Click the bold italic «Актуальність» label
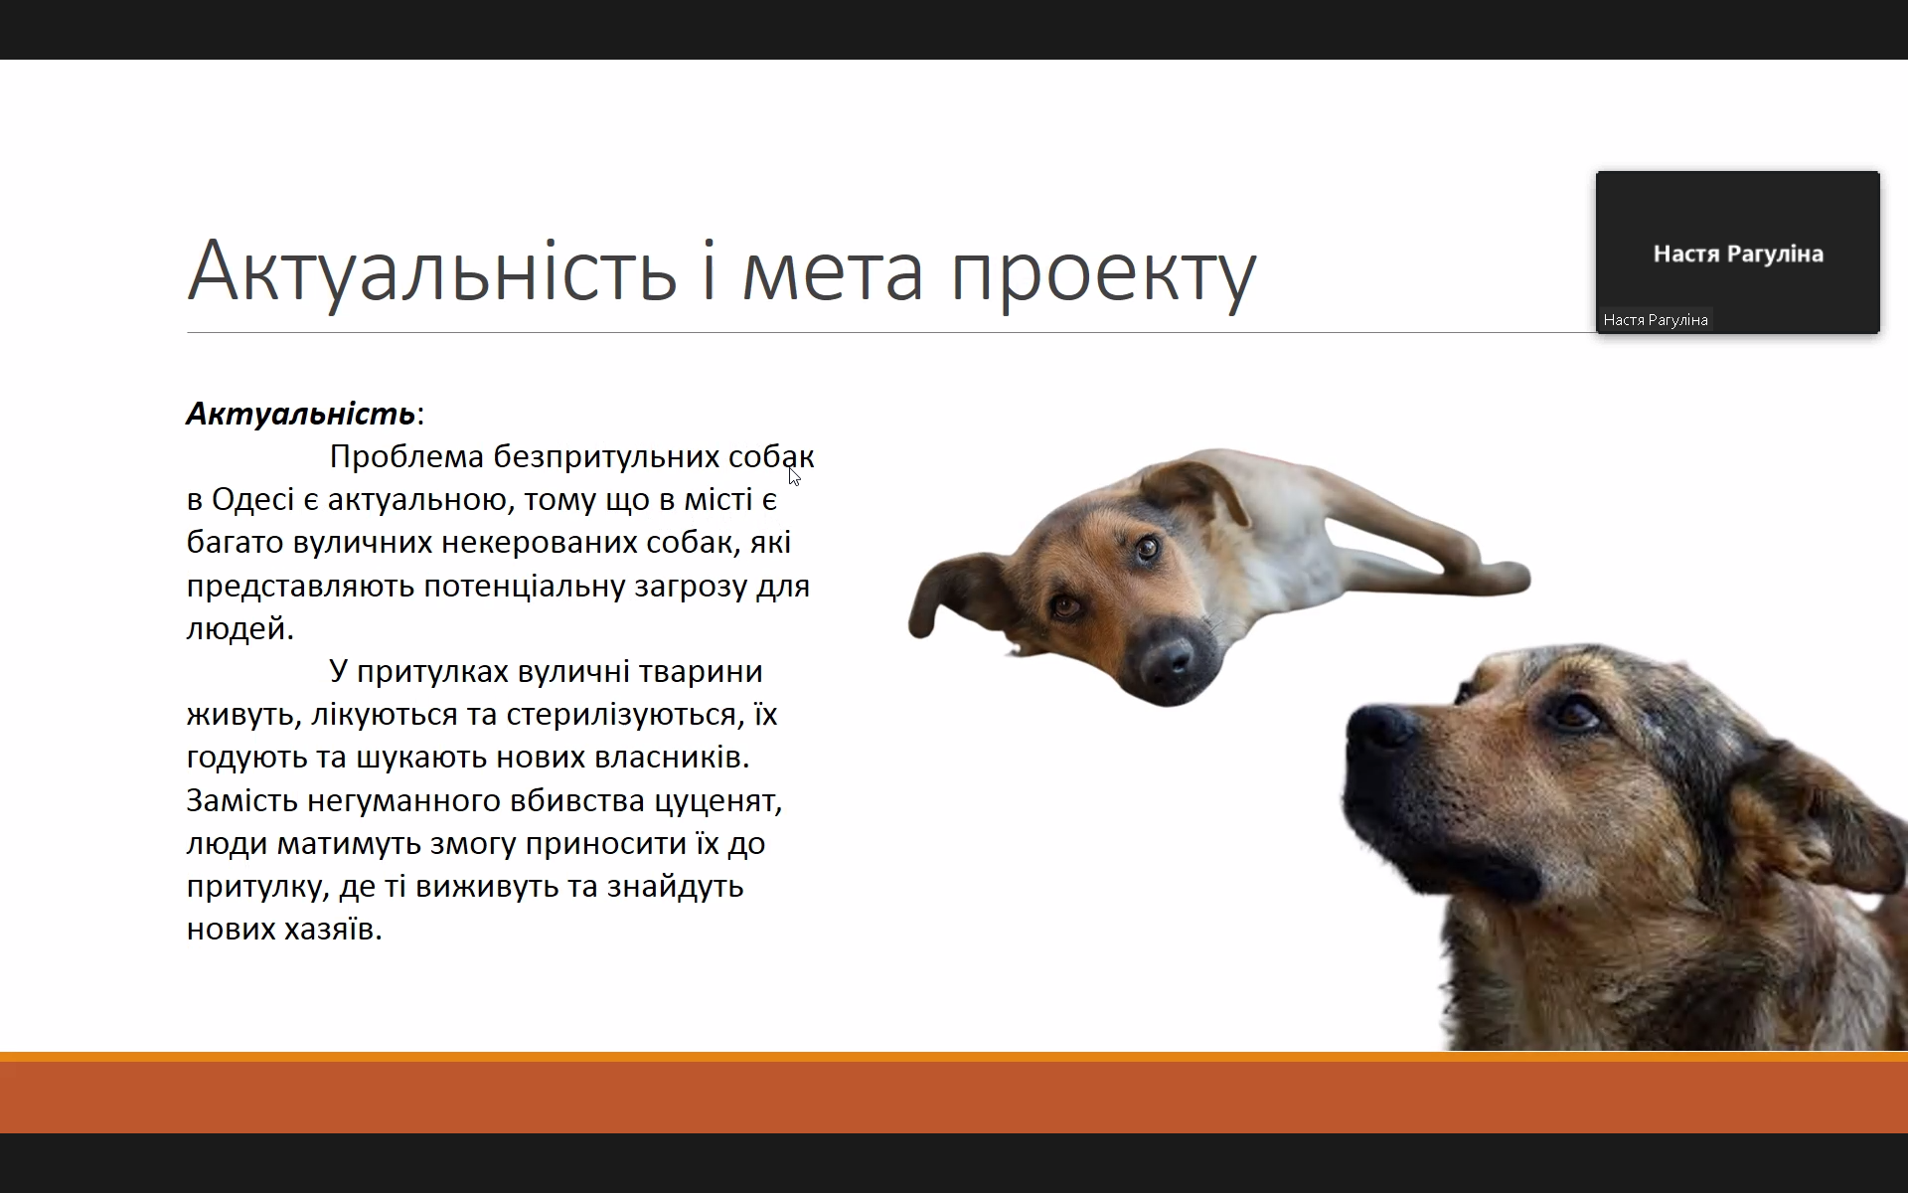coord(300,414)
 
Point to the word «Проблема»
coord(406,456)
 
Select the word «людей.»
coord(240,629)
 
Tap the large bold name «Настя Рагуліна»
coord(1738,255)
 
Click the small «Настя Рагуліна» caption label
coord(1656,320)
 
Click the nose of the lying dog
coord(1170,655)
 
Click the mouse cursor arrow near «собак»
coord(794,476)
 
